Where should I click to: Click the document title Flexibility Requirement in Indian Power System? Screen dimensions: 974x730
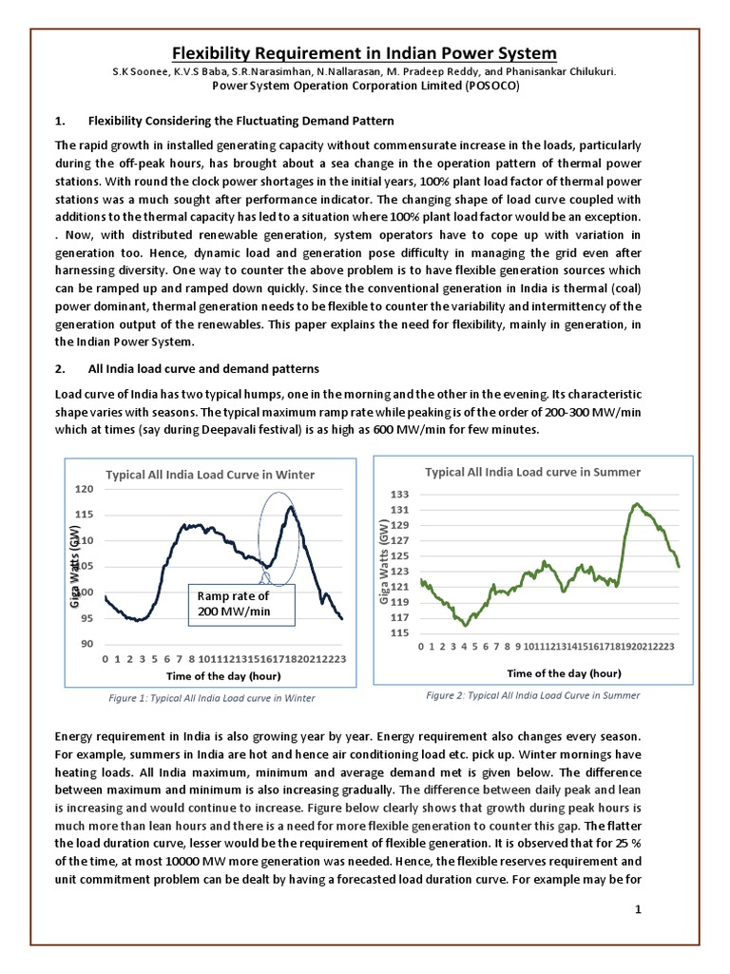click(364, 52)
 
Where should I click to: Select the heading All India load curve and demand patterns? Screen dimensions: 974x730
click(203, 368)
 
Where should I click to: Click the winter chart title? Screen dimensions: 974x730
click(209, 474)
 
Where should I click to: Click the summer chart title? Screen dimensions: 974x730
click(532, 472)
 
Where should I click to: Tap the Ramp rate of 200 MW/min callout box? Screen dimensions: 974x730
click(240, 602)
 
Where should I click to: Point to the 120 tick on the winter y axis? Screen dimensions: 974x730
click(85, 489)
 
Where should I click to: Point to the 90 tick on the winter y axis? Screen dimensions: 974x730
click(85, 644)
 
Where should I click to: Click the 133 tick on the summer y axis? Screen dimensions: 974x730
click(400, 495)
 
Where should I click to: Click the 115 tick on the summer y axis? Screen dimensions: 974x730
click(400, 633)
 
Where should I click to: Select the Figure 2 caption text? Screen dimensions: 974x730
click(532, 695)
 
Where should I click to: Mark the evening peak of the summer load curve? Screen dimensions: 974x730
click(637, 505)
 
